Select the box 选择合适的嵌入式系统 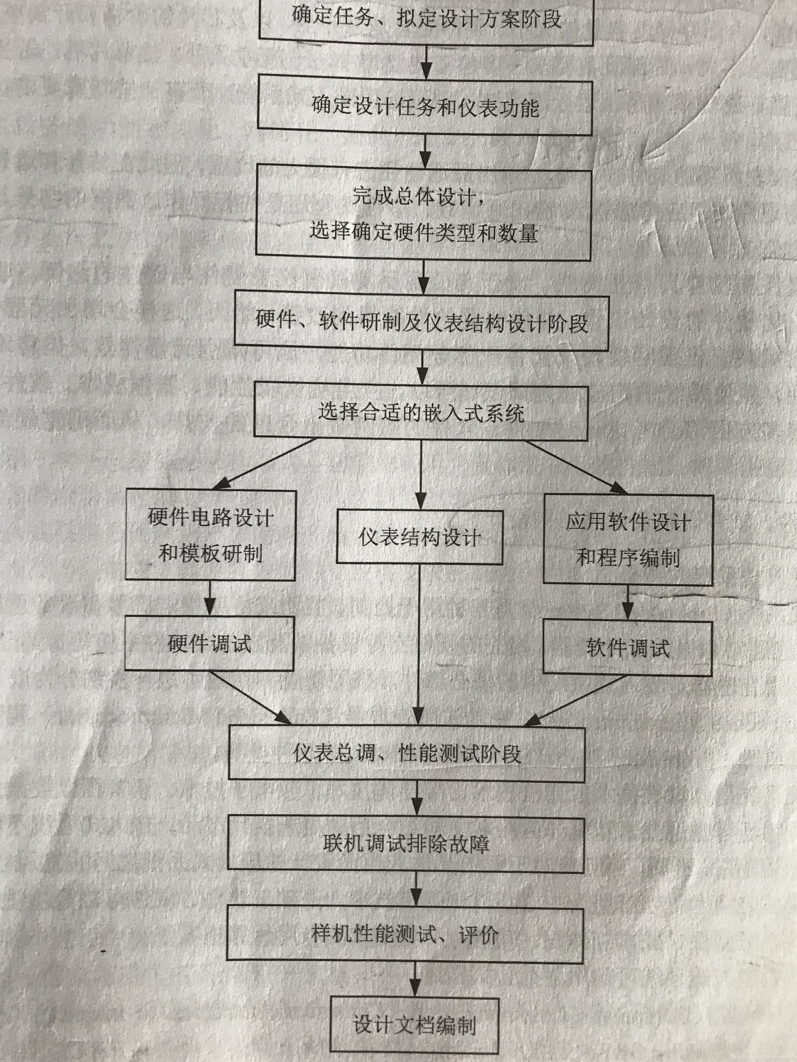(421, 412)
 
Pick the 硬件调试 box (210, 643)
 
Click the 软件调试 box (628, 648)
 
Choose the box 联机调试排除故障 (406, 844)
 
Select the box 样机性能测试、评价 (405, 934)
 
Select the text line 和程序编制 (628, 558)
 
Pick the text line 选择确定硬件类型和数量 (423, 232)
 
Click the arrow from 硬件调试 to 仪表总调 (250, 697)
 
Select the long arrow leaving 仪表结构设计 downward (419, 643)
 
